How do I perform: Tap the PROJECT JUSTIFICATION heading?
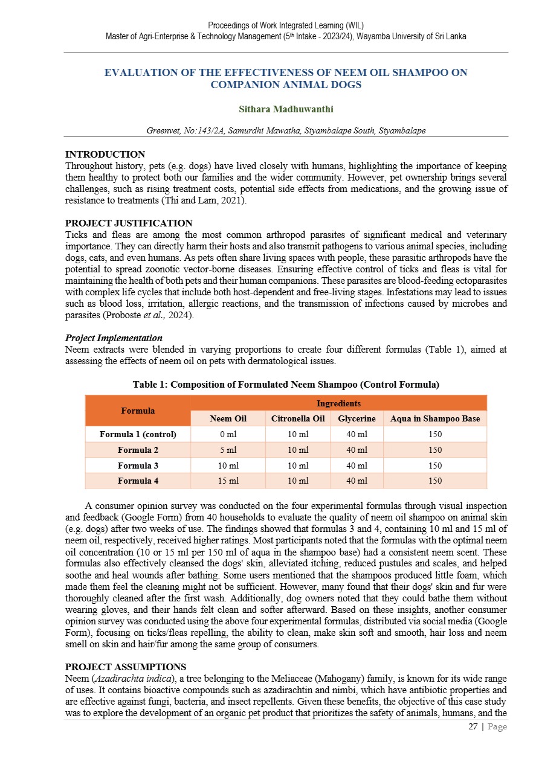(128, 223)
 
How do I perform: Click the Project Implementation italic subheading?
(113, 338)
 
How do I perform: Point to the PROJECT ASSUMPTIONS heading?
(125, 667)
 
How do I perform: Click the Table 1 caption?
(286, 385)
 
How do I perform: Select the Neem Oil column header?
(228, 418)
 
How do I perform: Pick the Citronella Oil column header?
(298, 418)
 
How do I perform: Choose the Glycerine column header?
(357, 418)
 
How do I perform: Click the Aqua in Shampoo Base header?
(435, 418)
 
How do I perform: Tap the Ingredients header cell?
(338, 403)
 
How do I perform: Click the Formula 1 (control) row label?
(138, 434)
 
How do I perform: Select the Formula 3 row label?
(138, 466)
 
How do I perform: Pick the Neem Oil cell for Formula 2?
(228, 450)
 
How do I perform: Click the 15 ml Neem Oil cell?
(228, 481)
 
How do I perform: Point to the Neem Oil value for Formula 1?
(228, 434)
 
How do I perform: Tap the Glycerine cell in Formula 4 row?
(357, 481)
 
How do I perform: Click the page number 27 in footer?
(473, 727)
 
